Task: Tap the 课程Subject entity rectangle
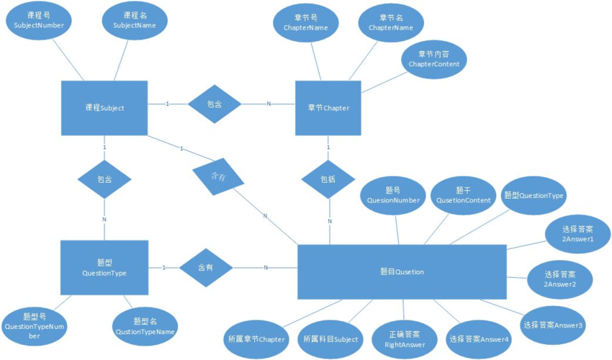point(104,108)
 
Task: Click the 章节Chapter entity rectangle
point(328,108)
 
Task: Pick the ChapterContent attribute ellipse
point(434,59)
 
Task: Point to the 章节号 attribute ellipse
point(301,22)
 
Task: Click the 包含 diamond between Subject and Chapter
point(214,104)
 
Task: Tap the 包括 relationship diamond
point(328,178)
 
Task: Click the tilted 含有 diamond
point(217,176)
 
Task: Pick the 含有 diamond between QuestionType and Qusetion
point(206,267)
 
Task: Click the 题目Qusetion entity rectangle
point(402,271)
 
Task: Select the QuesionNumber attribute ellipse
point(393,195)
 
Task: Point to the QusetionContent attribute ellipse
point(463,195)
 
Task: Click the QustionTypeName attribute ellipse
point(145,326)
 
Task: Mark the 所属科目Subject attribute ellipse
point(330,338)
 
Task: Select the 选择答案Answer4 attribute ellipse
point(479,338)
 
